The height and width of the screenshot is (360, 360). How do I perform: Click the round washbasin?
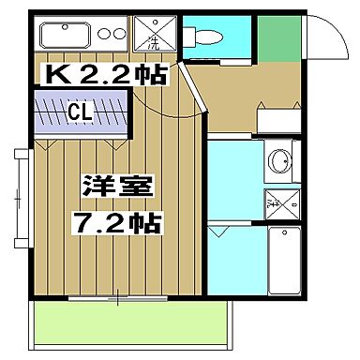click(x=279, y=161)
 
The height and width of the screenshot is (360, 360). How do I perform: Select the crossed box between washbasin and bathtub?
click(x=280, y=199)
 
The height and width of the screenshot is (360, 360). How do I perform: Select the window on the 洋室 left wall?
click(x=24, y=197)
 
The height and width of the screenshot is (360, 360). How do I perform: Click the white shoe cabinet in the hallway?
click(x=278, y=119)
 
